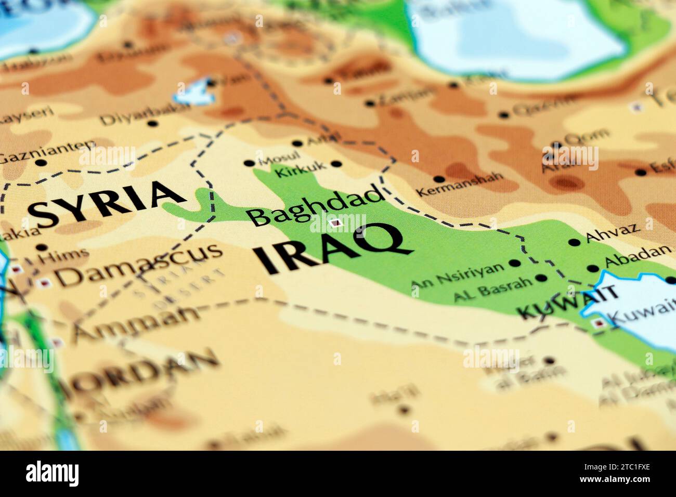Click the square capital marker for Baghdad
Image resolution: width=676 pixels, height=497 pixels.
point(336,224)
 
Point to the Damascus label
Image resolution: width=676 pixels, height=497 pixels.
point(139,266)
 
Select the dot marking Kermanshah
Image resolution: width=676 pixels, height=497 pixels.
point(438,179)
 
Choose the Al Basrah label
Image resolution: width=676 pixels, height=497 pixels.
point(493,289)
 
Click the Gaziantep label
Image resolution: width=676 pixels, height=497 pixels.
point(46,151)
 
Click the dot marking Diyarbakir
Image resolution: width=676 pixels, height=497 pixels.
point(152,124)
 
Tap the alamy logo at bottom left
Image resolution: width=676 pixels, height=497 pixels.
point(52,473)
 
